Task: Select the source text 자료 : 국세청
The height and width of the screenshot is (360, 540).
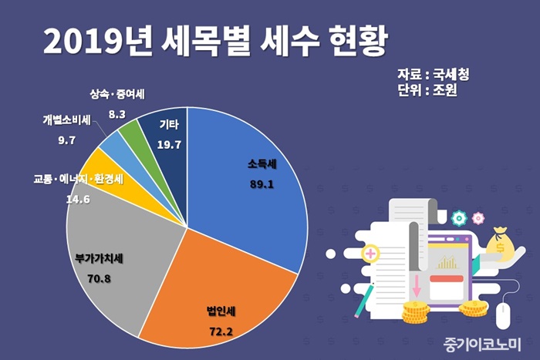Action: [433, 75]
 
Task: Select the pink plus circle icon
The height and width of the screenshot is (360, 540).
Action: [371, 253]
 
